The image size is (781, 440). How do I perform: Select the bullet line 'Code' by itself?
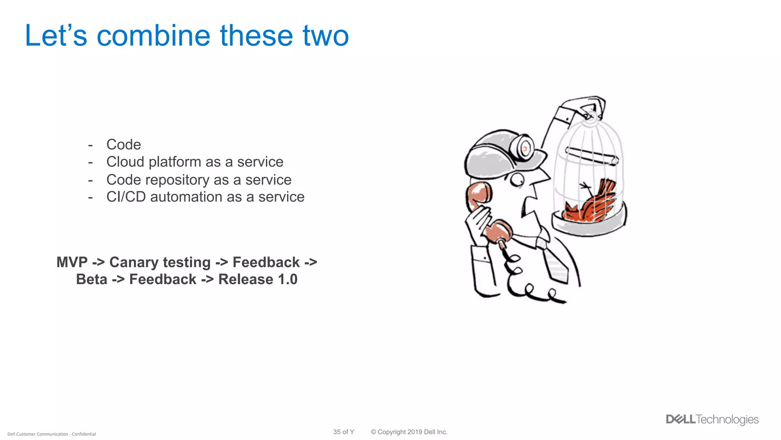(124, 144)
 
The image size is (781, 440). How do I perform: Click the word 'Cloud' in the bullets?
(125, 162)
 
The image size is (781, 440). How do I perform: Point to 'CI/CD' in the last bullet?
(126, 197)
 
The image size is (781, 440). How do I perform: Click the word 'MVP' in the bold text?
(72, 262)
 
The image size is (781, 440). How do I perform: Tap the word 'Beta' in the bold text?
(92, 279)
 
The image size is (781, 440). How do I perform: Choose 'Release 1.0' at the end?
(258, 279)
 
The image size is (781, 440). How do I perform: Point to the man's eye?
(518, 179)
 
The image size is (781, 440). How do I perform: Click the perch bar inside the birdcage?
(591, 155)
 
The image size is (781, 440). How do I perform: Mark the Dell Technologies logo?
(712, 419)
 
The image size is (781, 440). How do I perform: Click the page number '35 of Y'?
(344, 432)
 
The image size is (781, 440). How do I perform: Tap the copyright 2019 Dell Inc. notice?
(409, 432)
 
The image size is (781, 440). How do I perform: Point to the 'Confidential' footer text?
(84, 434)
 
